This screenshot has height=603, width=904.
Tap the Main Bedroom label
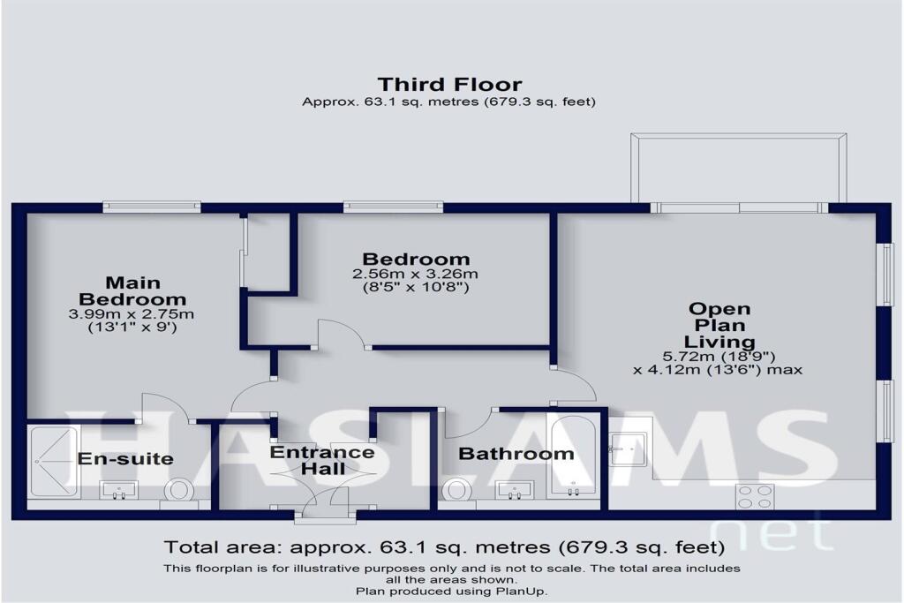click(132, 290)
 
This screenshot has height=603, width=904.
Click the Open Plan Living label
click(719, 325)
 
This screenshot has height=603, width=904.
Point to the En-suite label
click(125, 459)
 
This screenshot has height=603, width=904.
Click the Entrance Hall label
click(321, 460)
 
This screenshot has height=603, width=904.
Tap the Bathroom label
click(516, 454)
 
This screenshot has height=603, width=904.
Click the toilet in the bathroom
click(458, 491)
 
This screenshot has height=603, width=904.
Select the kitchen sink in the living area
click(631, 448)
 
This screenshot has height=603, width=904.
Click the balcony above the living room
click(738, 168)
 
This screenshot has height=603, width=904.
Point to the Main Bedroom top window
click(151, 207)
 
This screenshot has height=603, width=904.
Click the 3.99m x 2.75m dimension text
click(132, 314)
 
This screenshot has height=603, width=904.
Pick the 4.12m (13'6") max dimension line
click(717, 370)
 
